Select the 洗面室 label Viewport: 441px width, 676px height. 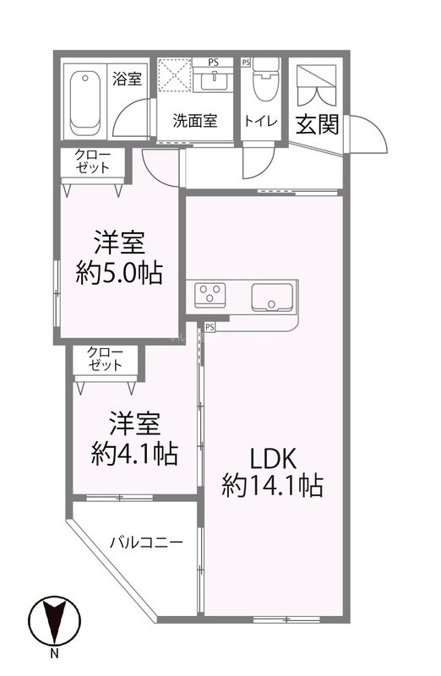pos(195,120)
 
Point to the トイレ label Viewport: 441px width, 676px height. pos(261,120)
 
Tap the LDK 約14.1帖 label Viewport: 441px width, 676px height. pos(272,473)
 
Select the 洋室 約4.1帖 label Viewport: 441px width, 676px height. pos(135,439)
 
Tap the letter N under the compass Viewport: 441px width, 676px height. pos(54,654)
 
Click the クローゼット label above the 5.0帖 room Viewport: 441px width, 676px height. pos(91,160)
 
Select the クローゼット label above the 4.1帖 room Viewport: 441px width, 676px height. pos(105,358)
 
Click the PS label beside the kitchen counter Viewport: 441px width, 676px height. pos(210,326)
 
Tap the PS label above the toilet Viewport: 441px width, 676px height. pos(247,63)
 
